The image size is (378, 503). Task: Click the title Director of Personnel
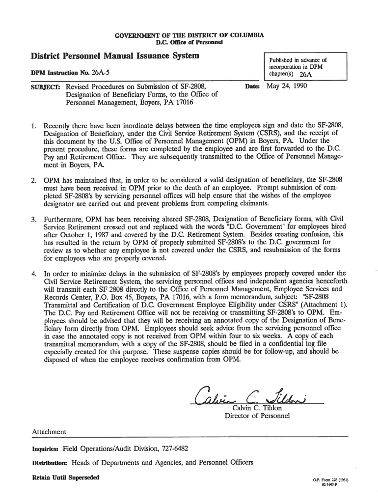[x=257, y=416]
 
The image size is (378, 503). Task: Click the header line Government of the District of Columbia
[x=189, y=35]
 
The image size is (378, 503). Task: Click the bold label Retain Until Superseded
[x=65, y=477]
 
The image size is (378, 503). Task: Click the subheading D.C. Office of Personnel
[x=189, y=43]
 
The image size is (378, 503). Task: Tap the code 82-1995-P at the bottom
[x=332, y=485]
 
